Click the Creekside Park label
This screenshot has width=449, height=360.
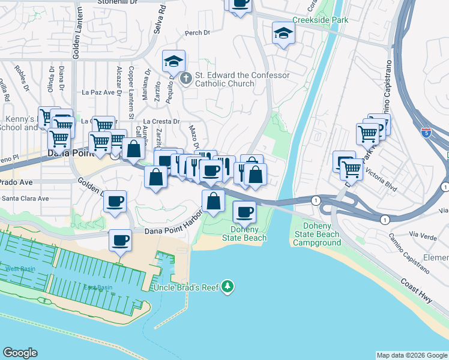pyautogui.click(x=321, y=20)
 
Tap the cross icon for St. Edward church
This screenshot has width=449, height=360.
pyautogui.click(x=186, y=78)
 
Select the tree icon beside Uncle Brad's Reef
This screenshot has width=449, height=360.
pyautogui.click(x=227, y=287)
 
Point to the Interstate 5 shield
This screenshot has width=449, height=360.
pyautogui.click(x=426, y=133)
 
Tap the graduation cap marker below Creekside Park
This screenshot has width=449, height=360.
pyautogui.click(x=283, y=33)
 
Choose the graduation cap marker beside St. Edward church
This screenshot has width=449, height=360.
pyautogui.click(x=173, y=61)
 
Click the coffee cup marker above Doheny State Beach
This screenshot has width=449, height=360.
pyautogui.click(x=244, y=212)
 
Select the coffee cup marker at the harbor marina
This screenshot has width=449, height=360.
pyautogui.click(x=120, y=241)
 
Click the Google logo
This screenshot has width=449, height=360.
pyautogui.click(x=20, y=353)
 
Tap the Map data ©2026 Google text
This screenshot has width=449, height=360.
pyautogui.click(x=411, y=355)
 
